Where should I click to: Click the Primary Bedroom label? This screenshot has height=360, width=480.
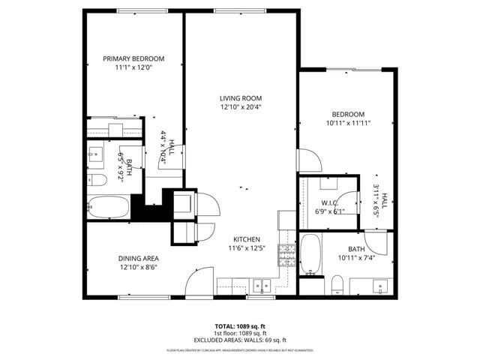point(133,58)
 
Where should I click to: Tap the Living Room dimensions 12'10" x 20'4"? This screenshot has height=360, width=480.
point(240,106)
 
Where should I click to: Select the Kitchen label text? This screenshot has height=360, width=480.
point(245,238)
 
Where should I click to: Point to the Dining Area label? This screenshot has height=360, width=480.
point(138,258)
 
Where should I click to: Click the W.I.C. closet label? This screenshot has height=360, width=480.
point(330,202)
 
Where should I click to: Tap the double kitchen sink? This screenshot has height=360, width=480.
point(262,285)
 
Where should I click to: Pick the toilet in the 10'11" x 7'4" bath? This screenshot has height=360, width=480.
point(338,284)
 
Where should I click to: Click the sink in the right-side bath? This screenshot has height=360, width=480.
point(381,285)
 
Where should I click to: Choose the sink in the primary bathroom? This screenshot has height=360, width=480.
point(97,155)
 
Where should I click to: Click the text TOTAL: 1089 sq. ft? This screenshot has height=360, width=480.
point(240,326)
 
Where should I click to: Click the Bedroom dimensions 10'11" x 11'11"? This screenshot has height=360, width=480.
point(349,123)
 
